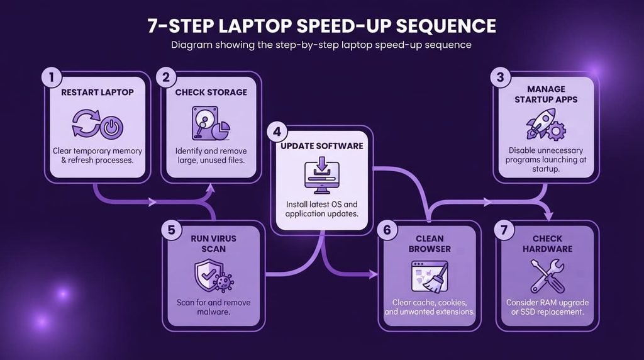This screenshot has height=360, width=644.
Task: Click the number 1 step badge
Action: coord(52,77)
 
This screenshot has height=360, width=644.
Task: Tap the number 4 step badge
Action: coord(277,132)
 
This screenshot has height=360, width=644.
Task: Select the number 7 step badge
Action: coord(504,230)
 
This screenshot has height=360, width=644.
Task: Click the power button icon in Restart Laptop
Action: coord(111,127)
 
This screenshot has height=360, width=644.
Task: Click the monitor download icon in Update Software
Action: coord(322,176)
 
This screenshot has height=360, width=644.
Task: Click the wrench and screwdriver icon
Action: coord(547,275)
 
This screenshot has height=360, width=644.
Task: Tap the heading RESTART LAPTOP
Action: coord(97,93)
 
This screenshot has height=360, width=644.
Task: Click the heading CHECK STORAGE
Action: coord(211,93)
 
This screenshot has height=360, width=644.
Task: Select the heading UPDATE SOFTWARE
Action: coord(322,146)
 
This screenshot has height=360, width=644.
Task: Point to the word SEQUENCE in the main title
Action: coord(446,25)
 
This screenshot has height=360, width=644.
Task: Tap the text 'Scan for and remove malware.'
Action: coord(214,307)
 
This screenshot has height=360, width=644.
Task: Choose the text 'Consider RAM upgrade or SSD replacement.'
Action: coord(548,307)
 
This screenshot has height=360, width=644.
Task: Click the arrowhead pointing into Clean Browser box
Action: coord(374,274)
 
